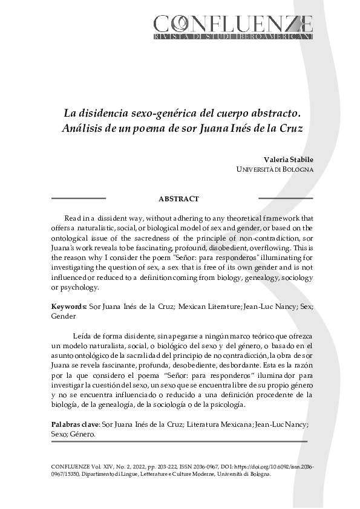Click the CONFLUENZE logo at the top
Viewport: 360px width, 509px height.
click(x=233, y=24)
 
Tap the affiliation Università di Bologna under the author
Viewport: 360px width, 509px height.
click(x=275, y=169)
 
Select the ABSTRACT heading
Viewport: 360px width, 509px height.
click(x=178, y=199)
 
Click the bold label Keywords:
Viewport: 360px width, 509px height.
click(x=69, y=306)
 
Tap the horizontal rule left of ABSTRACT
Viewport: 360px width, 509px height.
click(x=79, y=198)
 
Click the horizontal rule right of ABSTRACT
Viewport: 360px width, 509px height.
click(x=286, y=198)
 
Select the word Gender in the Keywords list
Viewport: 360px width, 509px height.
click(x=64, y=316)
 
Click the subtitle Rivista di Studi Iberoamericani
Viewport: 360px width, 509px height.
click(x=233, y=37)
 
